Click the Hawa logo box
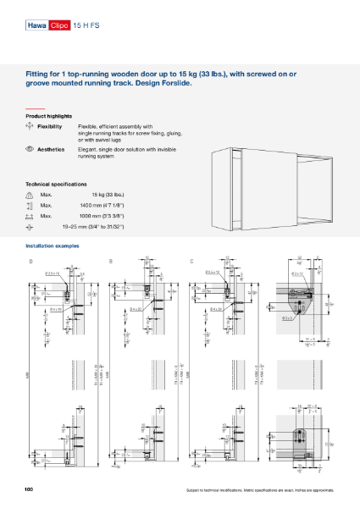point(37,27)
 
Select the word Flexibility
point(53,125)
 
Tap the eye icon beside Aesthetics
point(30,148)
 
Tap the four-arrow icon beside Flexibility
point(30,125)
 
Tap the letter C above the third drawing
point(191,261)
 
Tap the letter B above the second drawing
point(111,261)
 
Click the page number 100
point(29,490)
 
